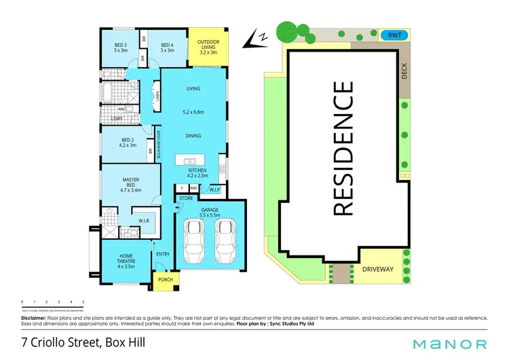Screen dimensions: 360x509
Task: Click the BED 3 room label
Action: click(120, 46)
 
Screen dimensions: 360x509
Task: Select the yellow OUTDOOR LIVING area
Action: click(208, 47)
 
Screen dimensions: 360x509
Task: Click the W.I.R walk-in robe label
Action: click(144, 221)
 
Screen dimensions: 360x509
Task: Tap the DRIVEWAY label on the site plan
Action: click(377, 269)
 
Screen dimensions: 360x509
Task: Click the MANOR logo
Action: click(452, 344)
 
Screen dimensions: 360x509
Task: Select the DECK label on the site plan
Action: click(404, 71)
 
